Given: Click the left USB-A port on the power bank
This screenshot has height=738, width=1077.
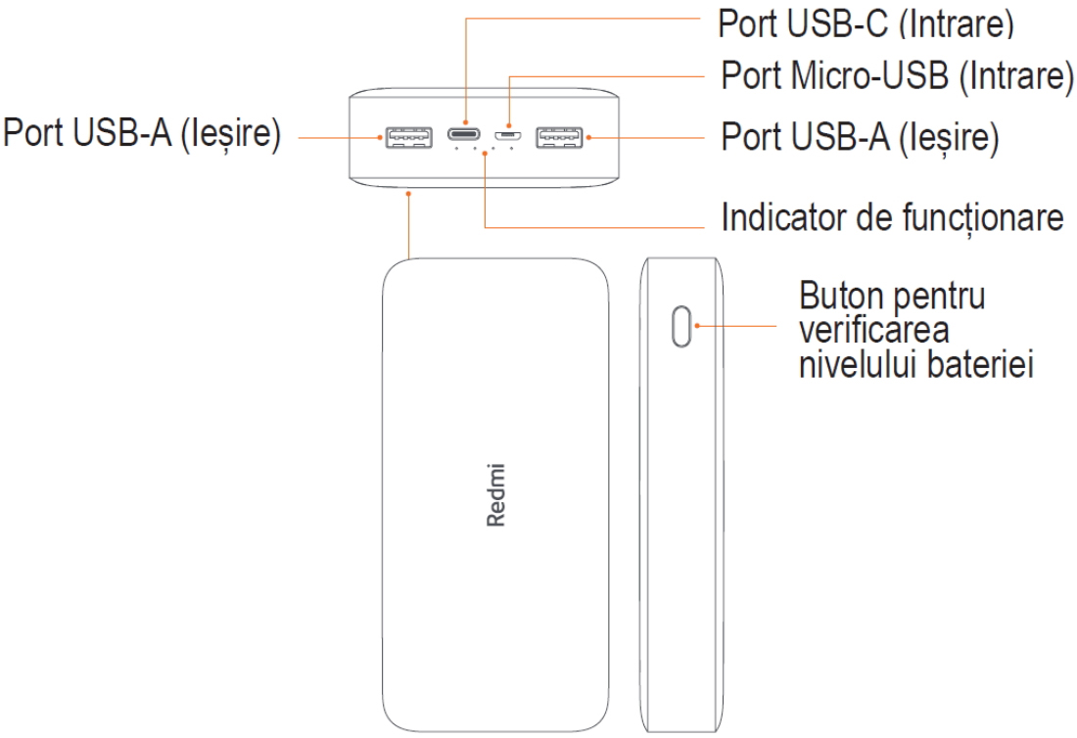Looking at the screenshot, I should [x=410, y=138].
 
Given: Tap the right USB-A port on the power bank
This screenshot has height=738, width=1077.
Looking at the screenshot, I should [x=559, y=138].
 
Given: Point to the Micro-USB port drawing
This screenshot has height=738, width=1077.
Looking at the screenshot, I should [x=506, y=136].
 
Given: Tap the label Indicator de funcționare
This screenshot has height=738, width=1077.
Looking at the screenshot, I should [x=891, y=218].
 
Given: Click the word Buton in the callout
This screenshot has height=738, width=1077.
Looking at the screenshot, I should [x=836, y=295].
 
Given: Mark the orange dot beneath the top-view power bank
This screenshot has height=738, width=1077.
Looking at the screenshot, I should [x=408, y=194].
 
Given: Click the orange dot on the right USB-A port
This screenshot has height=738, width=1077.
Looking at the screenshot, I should [x=587, y=138].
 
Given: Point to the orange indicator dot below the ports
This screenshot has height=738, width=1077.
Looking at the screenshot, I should [x=486, y=153].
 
